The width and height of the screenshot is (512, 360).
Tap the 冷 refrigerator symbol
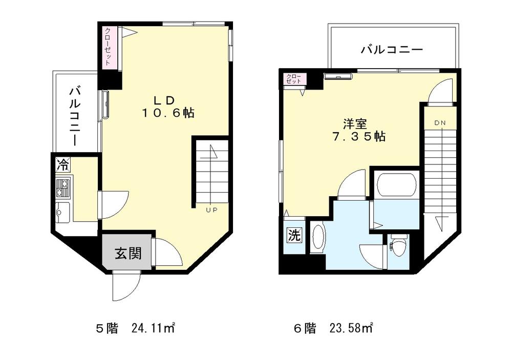[x=63, y=165]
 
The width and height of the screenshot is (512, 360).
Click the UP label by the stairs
[x=211, y=209]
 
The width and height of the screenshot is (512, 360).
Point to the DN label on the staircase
[x=440, y=123]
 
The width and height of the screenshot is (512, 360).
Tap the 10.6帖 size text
[x=168, y=114]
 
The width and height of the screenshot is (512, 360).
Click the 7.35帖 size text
[x=358, y=137]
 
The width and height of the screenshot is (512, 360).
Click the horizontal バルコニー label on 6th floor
[x=391, y=50]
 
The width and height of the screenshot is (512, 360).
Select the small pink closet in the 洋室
[x=295, y=79]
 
